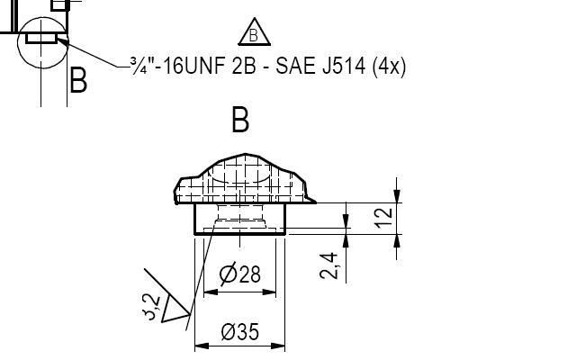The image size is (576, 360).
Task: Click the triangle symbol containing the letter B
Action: tap(255, 33)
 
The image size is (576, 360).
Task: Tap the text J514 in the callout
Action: tap(337, 67)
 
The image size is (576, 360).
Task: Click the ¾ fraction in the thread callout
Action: tap(138, 67)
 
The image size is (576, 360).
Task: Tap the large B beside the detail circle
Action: tap(78, 81)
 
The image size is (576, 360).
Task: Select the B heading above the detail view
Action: tap(240, 120)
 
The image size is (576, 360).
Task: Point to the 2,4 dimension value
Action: tap(329, 265)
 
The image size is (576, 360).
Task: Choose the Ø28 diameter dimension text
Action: tap(240, 274)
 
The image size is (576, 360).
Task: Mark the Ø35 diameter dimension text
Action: tap(239, 332)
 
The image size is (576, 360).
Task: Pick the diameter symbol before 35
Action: tap(228, 332)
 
